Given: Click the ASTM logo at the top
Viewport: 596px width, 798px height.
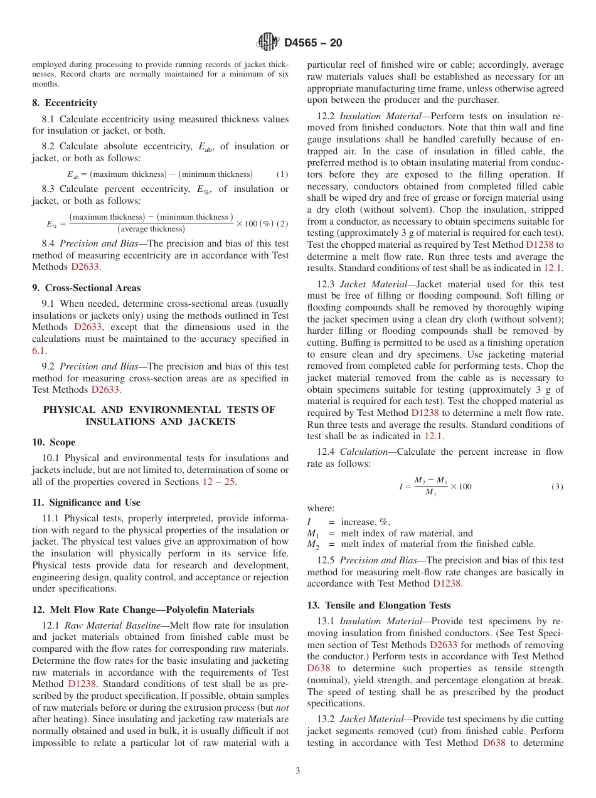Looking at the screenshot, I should pos(268,42).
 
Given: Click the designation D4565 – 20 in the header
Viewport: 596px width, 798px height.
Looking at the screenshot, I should pos(313,43).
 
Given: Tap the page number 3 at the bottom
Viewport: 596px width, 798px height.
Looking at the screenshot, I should pos(298,771).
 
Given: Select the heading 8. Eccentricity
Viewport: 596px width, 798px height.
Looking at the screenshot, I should pos(65,103).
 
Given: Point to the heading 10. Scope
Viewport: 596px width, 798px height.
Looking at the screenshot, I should pos(53,442).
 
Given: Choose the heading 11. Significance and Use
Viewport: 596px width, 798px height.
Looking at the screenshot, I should pos(86,503).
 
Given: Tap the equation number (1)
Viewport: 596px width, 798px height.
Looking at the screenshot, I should pos(282,174).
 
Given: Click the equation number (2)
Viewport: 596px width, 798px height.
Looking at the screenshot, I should pos(282,224).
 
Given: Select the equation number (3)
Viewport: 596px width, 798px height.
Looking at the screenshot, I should pos(557,487).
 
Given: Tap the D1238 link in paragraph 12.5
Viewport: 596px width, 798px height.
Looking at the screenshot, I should pos(447,583).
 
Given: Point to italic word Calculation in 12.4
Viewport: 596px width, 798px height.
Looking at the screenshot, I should pos(365,452).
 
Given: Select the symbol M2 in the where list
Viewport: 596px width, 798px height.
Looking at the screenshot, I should pos(312,545).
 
